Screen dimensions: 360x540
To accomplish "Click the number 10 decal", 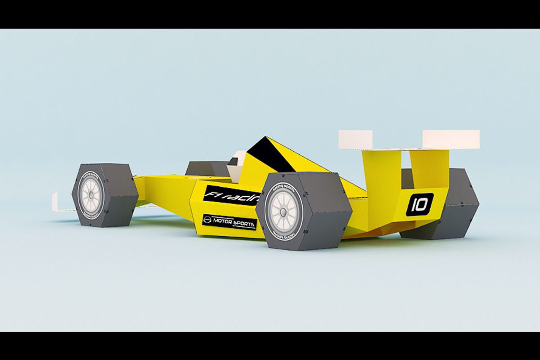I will coord(419,205).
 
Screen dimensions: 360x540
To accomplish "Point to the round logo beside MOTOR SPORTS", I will coord(207,219).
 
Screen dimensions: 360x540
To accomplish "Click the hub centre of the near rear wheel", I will coord(283,211).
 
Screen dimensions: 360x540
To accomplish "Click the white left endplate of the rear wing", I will coord(355,139).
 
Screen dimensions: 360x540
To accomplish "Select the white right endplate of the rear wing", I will coord(450,139).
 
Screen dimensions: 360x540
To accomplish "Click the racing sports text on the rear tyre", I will coord(285,184).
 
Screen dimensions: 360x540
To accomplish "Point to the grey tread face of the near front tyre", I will coord(119,196).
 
